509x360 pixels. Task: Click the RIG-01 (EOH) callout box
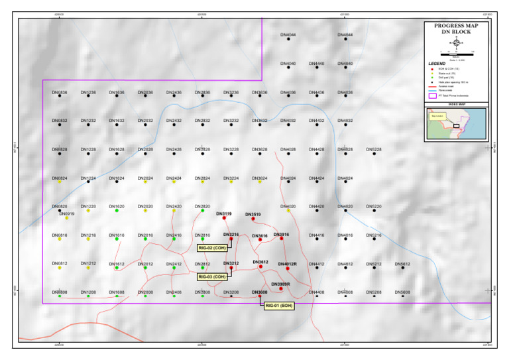(278, 306)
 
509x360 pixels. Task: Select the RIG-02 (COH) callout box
(213, 249)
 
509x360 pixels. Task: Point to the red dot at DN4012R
(288, 268)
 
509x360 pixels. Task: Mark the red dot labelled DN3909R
(281, 288)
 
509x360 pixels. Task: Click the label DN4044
(288, 34)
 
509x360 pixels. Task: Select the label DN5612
(402, 264)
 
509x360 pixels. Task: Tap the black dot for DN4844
(345, 39)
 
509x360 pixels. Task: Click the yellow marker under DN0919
(67, 218)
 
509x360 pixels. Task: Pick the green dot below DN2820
(203, 211)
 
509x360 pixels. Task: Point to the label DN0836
(60, 92)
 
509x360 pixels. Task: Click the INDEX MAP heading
(456, 105)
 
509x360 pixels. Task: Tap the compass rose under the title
(456, 41)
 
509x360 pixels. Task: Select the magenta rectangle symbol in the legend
(432, 95)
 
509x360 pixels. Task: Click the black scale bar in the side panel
(457, 52)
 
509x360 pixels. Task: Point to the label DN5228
(374, 149)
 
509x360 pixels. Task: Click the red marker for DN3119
(225, 218)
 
